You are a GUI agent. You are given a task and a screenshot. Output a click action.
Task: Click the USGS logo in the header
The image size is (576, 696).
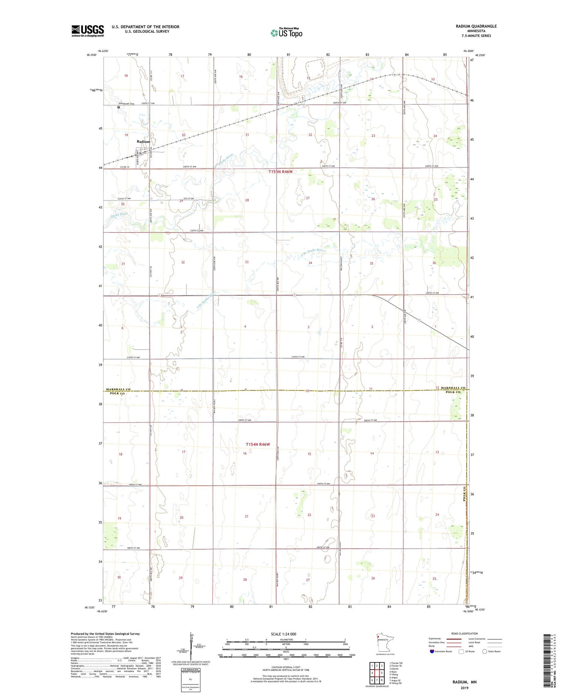click(87, 31)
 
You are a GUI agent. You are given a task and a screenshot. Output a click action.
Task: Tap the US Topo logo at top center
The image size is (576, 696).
click(286, 33)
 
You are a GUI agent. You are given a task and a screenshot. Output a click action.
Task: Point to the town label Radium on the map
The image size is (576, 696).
click(144, 142)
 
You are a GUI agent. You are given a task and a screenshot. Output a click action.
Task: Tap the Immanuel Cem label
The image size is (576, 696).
click(127, 104)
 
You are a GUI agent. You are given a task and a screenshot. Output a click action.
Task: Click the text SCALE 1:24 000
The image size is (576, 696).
click(283, 634)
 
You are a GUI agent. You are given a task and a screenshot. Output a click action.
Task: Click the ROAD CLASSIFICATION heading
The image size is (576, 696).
click(464, 633)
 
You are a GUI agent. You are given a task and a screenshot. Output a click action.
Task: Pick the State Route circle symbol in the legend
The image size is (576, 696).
click(485, 651)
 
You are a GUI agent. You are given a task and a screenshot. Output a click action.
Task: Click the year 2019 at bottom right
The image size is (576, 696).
click(464, 688)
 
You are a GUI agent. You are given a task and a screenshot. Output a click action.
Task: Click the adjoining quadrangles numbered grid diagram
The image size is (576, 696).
click(377, 673)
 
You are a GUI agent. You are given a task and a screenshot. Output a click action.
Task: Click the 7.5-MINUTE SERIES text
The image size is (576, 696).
click(476, 36)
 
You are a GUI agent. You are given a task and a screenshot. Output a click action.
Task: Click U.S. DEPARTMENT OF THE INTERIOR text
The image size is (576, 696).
click(145, 27)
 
